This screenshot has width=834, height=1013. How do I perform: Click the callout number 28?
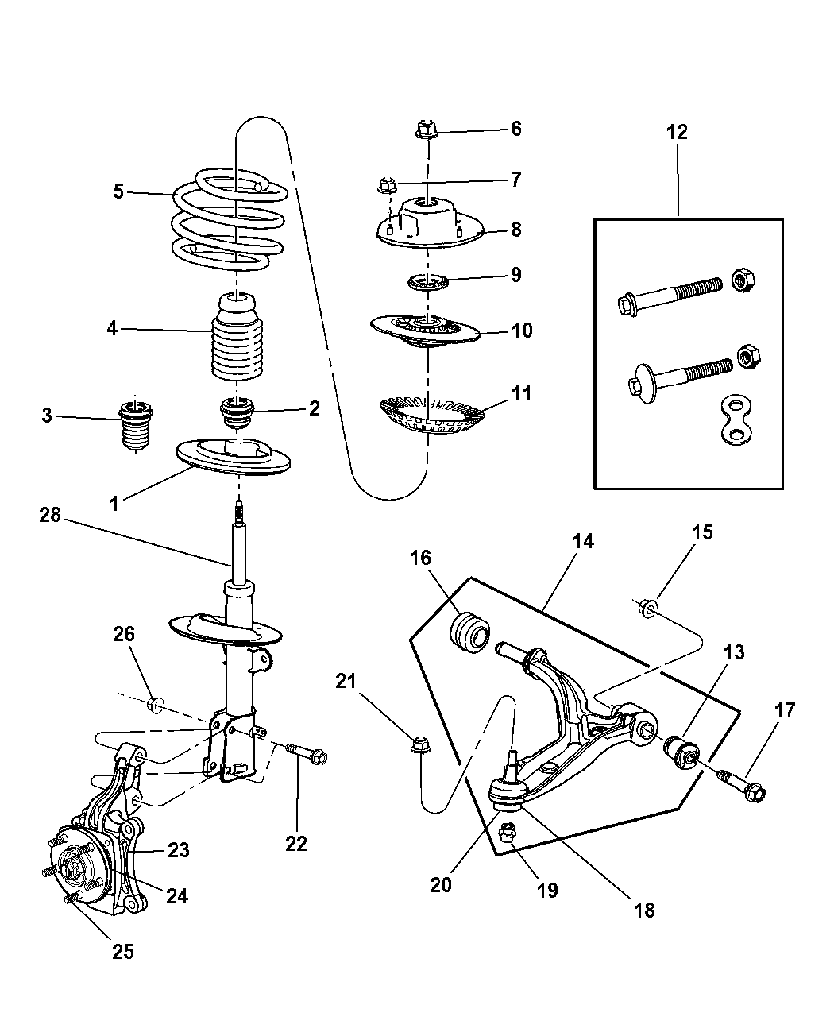click(49, 516)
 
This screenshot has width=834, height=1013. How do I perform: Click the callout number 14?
click(582, 542)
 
